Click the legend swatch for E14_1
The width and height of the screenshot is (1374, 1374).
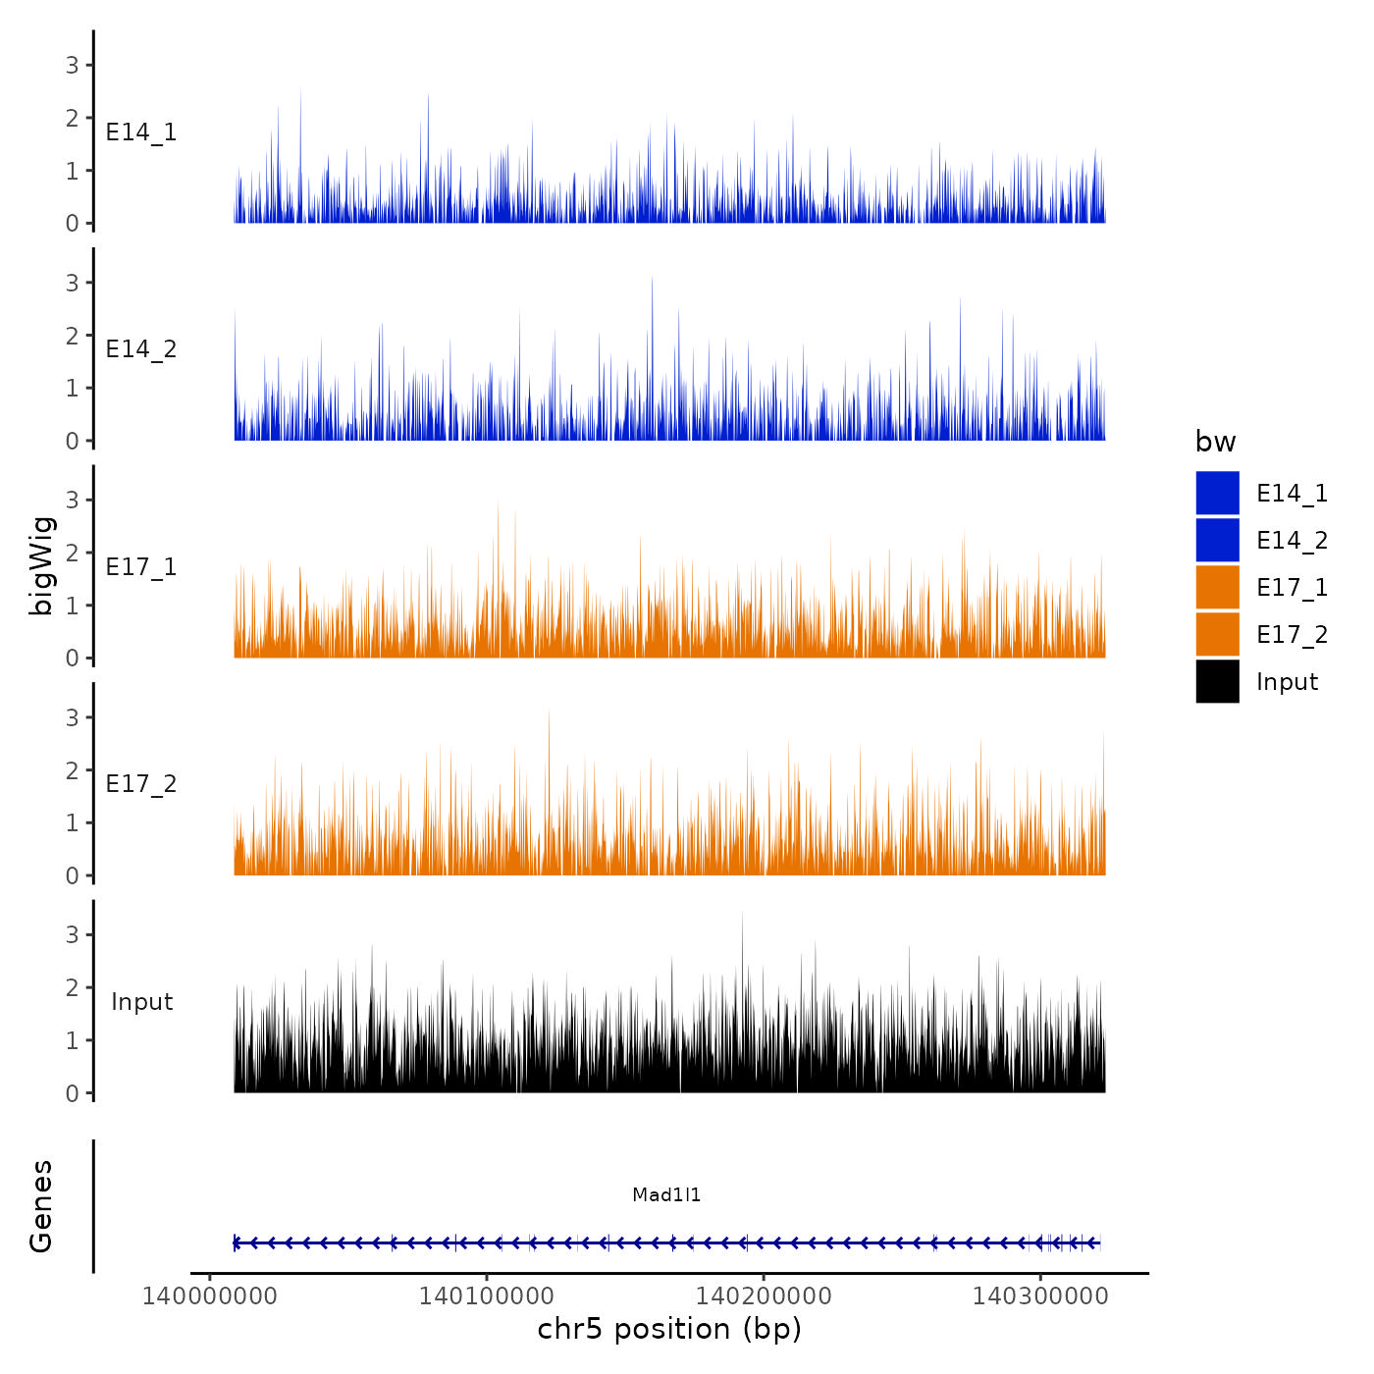coord(1217,493)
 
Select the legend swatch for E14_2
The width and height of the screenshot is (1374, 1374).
coord(1217,540)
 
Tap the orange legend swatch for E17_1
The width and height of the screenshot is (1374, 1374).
coord(1217,587)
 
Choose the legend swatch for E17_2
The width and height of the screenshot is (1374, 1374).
coord(1217,634)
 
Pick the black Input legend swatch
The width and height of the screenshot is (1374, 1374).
coord(1217,681)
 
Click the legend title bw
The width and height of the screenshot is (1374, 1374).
coord(1215,442)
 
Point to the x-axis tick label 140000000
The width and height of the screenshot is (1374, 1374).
coord(210,1295)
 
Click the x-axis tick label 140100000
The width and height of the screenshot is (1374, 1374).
coord(487,1295)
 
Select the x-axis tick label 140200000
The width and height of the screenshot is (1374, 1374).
coord(764,1295)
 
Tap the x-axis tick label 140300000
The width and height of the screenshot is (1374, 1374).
coord(1040,1295)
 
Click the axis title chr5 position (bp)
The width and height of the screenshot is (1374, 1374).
coord(669,1329)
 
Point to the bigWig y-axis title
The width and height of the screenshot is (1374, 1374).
coord(41,566)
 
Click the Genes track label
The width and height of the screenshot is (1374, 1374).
coord(41,1206)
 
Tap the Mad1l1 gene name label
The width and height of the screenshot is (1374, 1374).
coord(666,1194)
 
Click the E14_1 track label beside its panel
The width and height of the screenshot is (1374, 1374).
coord(141,132)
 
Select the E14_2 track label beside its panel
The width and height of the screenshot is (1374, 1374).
coord(141,349)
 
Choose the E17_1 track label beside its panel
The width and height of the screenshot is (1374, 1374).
coord(141,567)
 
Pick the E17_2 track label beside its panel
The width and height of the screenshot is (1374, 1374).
coord(141,784)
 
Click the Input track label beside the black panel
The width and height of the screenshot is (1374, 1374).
coord(141,1002)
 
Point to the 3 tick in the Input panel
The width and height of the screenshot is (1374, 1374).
coord(73,934)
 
